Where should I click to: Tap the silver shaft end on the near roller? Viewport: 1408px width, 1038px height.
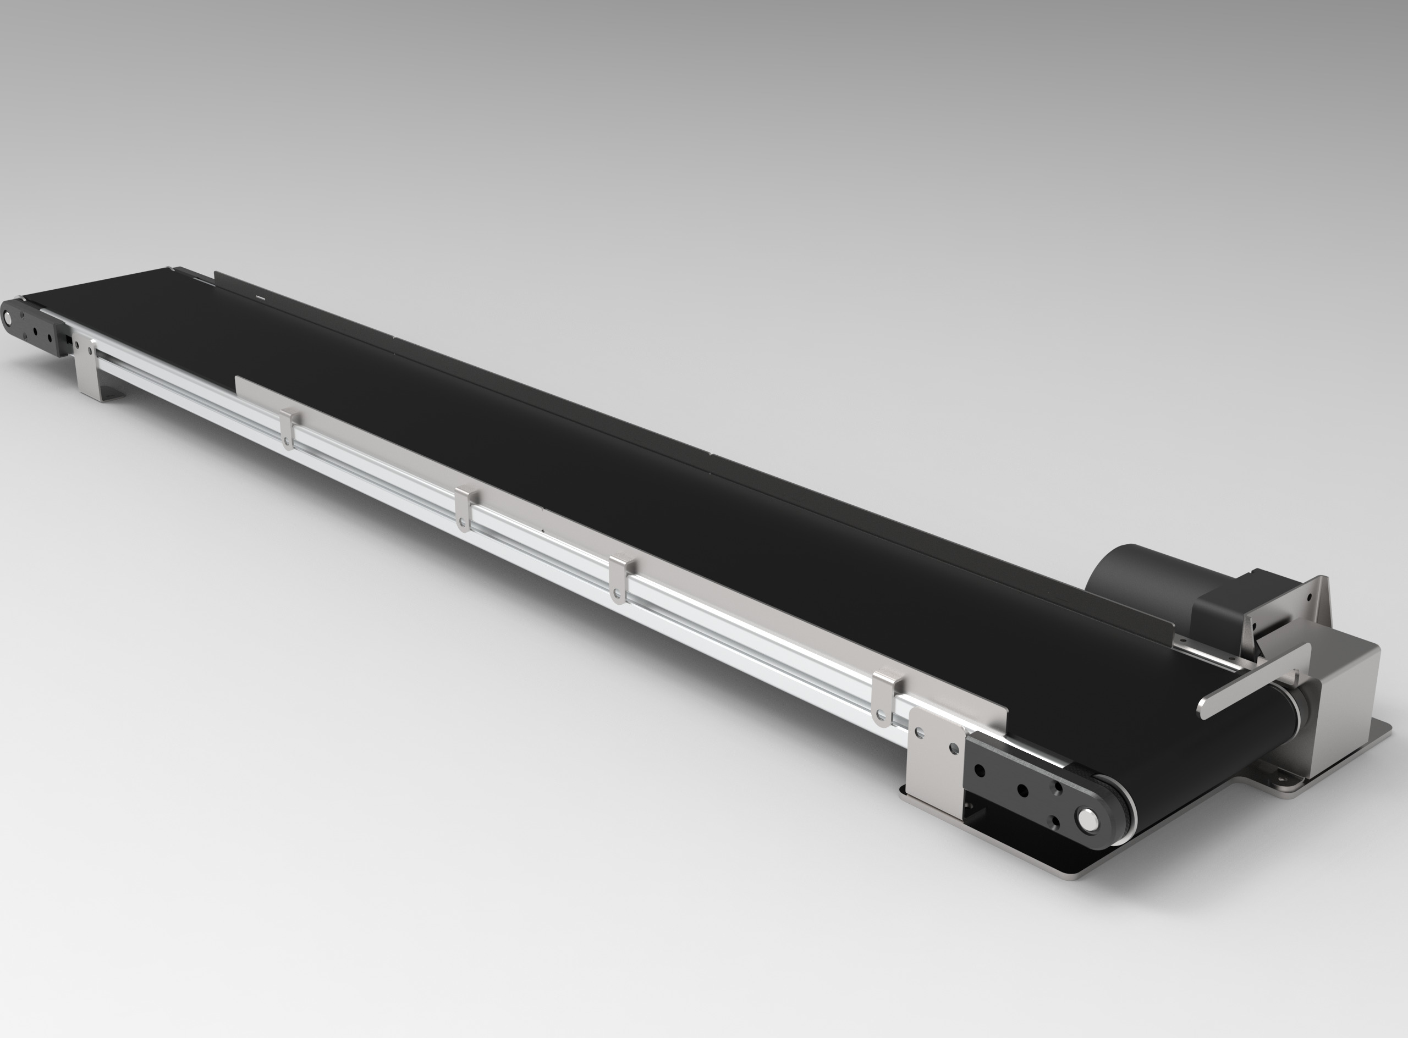coord(1086,818)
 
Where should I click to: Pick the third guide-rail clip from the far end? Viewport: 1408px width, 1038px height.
coord(619,578)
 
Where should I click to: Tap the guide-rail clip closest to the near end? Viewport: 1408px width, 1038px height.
coord(883,698)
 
